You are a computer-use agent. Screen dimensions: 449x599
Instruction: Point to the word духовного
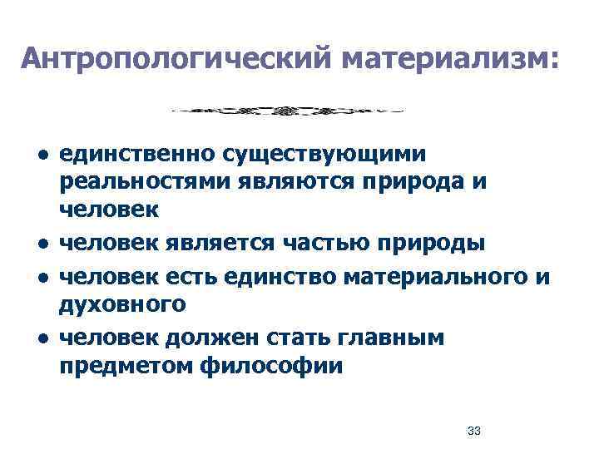(122, 304)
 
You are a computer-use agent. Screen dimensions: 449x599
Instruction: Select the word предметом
(126, 366)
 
